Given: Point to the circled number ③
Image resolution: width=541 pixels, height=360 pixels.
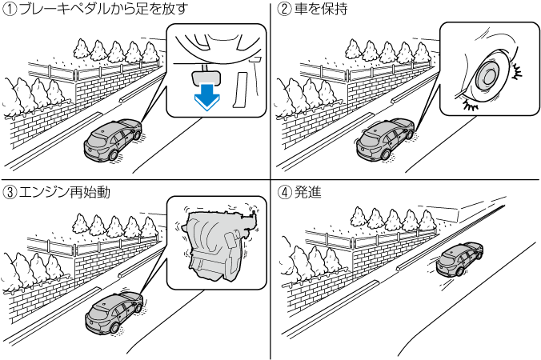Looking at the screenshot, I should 11,192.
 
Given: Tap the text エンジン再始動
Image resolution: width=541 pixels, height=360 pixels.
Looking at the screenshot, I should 65,192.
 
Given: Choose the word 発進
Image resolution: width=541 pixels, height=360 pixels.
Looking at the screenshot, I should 308,192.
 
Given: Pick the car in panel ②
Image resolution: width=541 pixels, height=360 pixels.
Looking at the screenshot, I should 387,142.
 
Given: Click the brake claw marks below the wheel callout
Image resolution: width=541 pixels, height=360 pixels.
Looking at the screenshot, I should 471,104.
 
